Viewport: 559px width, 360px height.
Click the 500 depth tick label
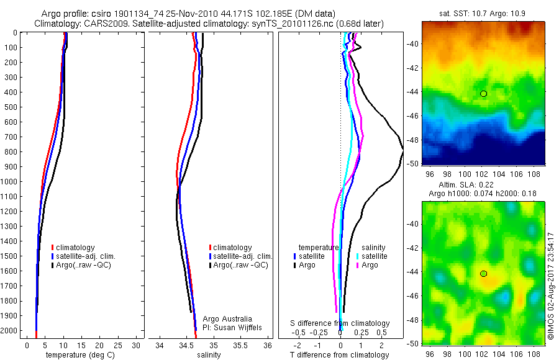10,107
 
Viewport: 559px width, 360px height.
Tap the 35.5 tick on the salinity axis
240,345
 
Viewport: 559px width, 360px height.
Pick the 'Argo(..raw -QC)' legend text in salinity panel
240,265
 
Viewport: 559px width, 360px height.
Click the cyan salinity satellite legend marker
357,256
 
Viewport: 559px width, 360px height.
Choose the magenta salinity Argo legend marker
357,265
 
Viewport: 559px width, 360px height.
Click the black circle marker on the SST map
483,94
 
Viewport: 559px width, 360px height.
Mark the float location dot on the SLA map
483,274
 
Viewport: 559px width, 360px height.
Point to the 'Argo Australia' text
227,319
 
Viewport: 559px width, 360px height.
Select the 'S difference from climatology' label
340,323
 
